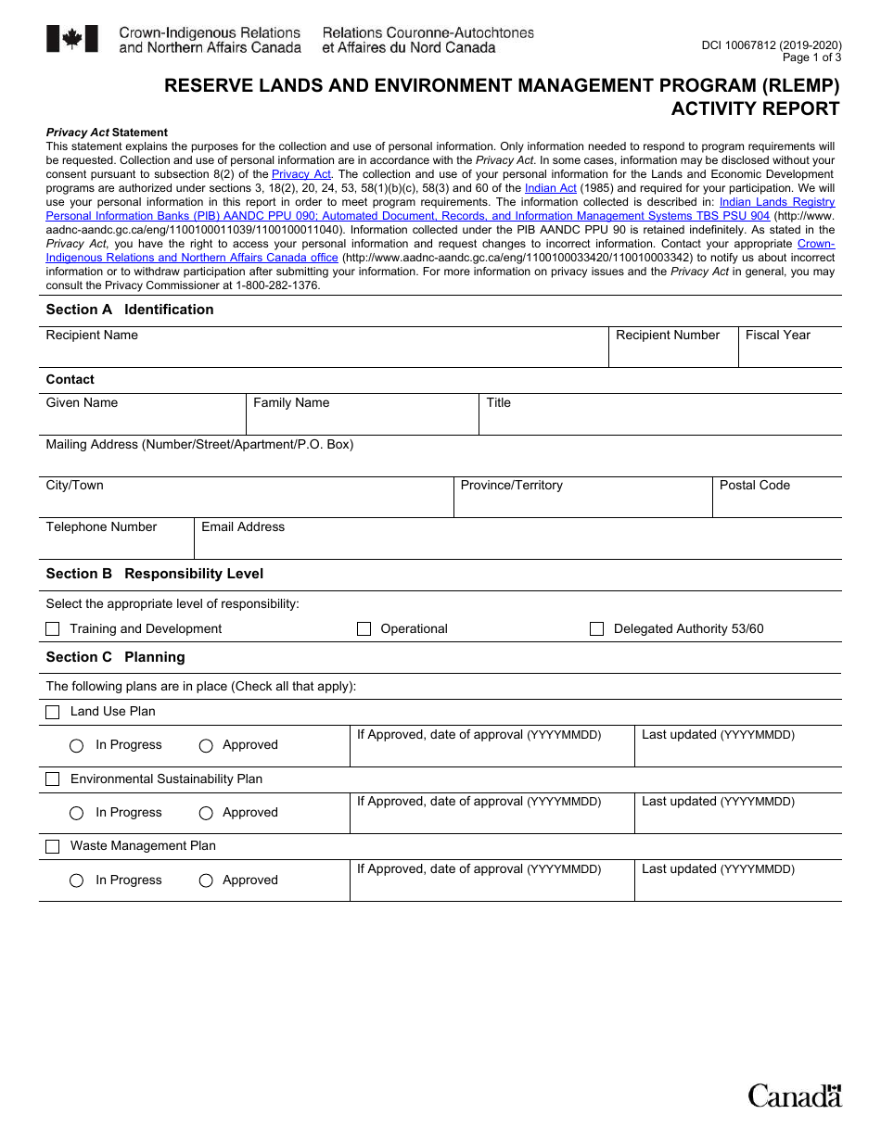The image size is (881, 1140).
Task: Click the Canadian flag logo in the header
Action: coord(71,39)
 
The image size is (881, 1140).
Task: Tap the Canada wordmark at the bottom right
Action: coord(795,1096)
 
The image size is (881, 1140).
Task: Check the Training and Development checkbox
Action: coord(53,629)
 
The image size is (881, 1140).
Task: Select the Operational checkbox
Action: coord(364,629)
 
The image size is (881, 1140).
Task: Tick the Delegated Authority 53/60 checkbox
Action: coord(597,629)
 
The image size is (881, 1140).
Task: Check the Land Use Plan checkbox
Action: coord(53,712)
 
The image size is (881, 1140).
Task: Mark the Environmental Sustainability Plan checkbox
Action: coord(53,779)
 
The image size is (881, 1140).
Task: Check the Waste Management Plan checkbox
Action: coord(53,846)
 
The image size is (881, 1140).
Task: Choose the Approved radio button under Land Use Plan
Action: coord(206,746)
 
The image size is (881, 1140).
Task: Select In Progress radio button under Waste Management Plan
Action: coord(77,880)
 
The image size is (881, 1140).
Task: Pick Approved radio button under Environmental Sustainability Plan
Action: coord(206,814)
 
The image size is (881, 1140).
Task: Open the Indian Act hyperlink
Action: coord(550,188)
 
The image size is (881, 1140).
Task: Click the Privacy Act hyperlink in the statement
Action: coord(301,174)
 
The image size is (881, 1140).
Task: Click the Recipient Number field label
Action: coord(668,336)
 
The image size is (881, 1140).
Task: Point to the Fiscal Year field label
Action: coord(777,336)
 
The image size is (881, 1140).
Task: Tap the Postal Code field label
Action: coord(754,486)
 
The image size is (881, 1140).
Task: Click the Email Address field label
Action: coord(243,527)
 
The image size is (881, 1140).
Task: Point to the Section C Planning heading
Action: coord(116,657)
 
